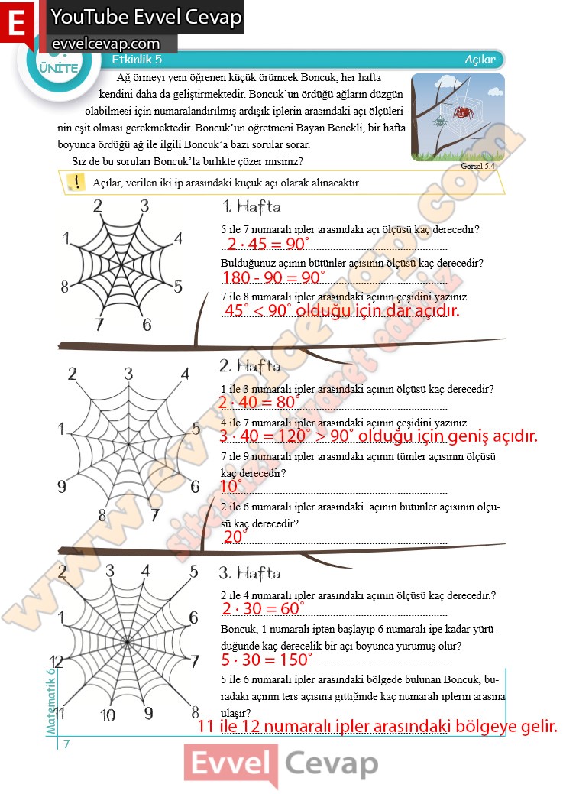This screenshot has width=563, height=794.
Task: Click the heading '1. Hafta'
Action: pos(251,206)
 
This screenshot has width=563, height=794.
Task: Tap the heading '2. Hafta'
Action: pos(250,366)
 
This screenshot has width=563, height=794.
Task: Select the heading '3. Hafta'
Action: pos(250,573)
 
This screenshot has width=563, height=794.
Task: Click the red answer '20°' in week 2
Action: pos(234,537)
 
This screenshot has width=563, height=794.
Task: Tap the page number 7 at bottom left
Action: pos(67,744)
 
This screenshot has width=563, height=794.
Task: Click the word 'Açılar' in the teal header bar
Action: pos(480,60)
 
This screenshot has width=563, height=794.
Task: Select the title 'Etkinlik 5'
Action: pos(137,60)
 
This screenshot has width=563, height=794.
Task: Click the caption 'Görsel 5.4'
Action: pos(478,165)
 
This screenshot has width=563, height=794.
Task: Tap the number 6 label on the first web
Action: pos(147,324)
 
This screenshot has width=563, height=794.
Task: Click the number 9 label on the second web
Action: pos(62,487)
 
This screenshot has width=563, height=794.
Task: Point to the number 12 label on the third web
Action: pos(56,662)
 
